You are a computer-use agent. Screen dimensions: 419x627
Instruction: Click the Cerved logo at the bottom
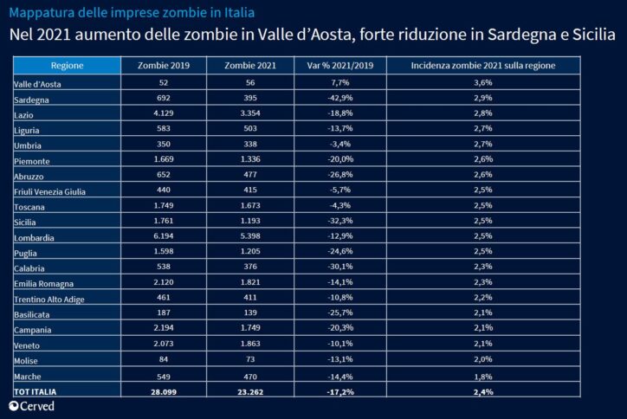(x=32, y=406)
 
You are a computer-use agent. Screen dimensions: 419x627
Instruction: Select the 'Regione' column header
(x=67, y=66)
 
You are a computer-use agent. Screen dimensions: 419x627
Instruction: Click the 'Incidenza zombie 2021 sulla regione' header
(x=483, y=66)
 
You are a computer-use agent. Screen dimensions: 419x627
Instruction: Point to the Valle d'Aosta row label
(x=39, y=84)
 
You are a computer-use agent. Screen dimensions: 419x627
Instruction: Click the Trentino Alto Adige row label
(x=51, y=299)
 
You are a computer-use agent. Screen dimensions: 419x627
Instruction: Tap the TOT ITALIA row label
(x=36, y=392)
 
